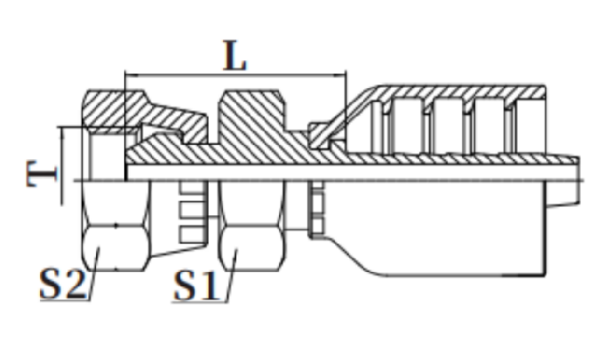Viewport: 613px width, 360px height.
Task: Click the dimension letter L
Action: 235,55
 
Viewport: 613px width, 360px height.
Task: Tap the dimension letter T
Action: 42,173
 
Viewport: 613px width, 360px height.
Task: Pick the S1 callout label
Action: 196,285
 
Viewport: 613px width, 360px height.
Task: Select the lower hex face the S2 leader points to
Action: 115,248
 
